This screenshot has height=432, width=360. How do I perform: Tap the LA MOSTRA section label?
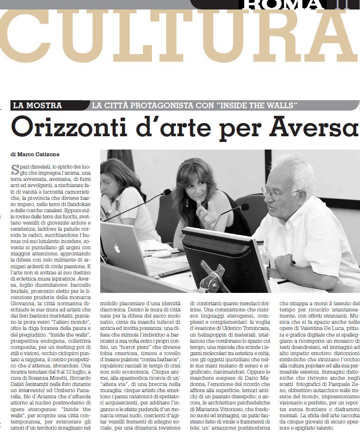(x=38, y=105)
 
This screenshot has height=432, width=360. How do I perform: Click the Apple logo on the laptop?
(x=117, y=248)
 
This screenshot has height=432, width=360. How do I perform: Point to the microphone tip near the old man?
(x=244, y=207)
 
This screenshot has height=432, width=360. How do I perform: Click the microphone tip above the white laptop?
(x=167, y=192)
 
